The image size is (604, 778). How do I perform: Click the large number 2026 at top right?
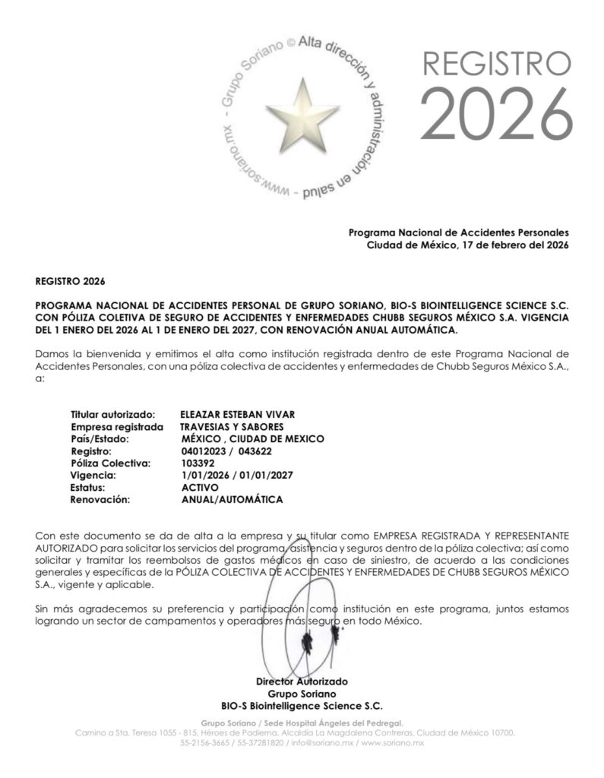(x=495, y=115)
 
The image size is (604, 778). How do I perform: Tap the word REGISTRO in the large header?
(x=495, y=63)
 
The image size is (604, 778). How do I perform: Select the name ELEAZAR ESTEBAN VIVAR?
(x=238, y=414)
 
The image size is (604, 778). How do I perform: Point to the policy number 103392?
(x=198, y=463)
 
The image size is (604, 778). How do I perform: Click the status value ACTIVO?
(x=201, y=487)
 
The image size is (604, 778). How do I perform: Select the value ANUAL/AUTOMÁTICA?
(x=232, y=499)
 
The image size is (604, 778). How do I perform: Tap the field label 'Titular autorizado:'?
(x=113, y=414)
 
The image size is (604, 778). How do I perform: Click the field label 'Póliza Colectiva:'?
(x=111, y=463)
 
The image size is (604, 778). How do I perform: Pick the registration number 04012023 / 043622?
(x=227, y=451)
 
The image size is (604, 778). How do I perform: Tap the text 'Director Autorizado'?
(x=302, y=682)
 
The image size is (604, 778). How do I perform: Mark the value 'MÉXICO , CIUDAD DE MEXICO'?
(x=253, y=438)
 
